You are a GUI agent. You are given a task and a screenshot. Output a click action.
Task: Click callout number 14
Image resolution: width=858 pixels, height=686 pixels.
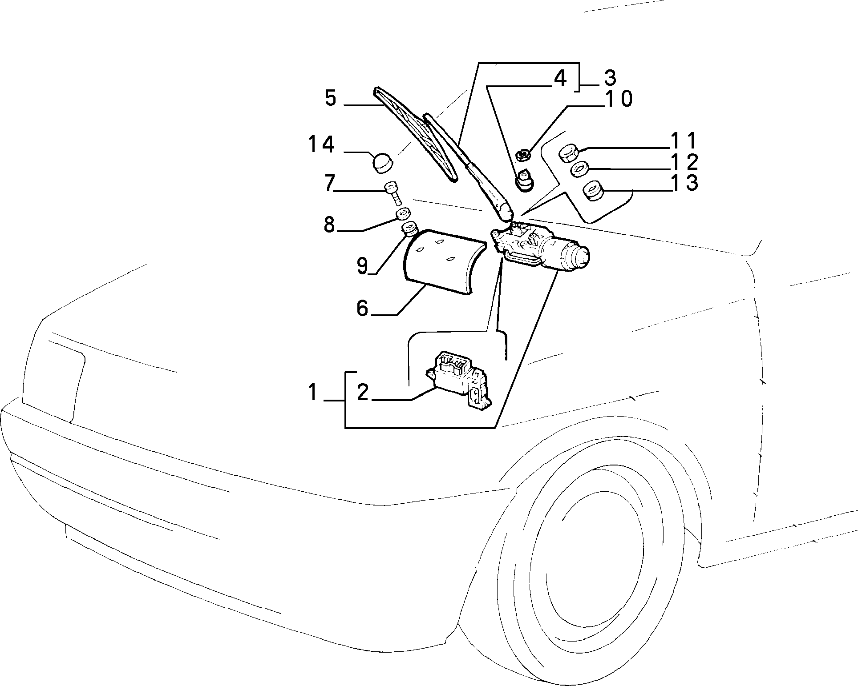(321, 145)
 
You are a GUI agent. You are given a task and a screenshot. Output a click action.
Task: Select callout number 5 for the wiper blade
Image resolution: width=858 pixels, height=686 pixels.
(330, 98)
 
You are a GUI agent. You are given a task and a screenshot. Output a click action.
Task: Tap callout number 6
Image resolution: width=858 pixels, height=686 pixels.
(363, 308)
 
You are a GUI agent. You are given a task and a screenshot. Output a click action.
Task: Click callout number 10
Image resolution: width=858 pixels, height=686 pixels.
(619, 99)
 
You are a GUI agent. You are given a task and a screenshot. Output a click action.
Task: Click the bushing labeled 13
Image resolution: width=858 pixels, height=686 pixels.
(592, 192)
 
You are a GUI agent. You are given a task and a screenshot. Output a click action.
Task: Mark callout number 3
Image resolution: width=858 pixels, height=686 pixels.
(609, 78)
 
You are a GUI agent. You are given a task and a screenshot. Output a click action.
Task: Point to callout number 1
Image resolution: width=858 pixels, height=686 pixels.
(314, 393)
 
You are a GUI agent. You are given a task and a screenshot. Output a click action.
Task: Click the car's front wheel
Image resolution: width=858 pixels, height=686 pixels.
(592, 565)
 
